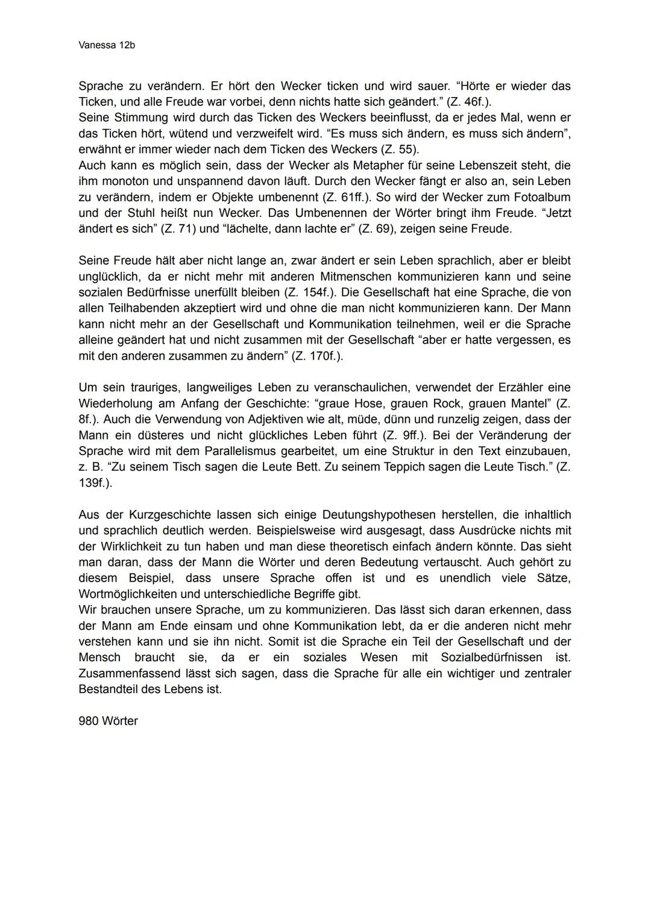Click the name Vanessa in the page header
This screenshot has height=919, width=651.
[95, 46]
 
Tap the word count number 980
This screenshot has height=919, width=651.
[89, 721]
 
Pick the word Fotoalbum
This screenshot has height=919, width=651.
[542, 197]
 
